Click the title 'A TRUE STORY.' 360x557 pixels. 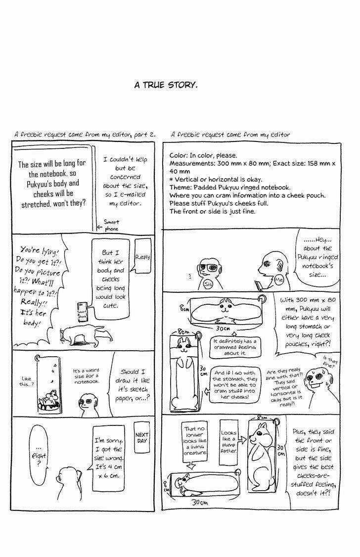tap(166, 85)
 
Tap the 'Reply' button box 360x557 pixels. tap(142, 257)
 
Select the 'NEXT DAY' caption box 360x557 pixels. tap(142, 438)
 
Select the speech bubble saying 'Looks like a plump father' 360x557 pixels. tap(229, 442)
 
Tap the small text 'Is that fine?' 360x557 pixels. tap(328, 363)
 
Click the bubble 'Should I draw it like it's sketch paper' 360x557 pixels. tap(133, 384)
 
